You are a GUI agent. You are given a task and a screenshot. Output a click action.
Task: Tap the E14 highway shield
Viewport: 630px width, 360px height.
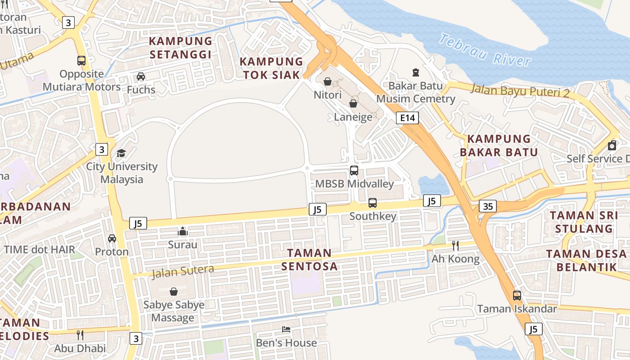pyautogui.click(x=407, y=118)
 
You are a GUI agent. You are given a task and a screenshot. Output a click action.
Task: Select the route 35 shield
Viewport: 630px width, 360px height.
pyautogui.click(x=488, y=206)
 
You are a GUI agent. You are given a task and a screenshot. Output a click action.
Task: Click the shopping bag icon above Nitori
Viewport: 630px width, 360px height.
pyautogui.click(x=328, y=81)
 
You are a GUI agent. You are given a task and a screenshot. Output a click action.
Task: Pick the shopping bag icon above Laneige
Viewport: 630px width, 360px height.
pyautogui.click(x=353, y=104)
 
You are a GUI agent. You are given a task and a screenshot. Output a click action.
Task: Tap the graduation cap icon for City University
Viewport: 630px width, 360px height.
pyautogui.click(x=121, y=153)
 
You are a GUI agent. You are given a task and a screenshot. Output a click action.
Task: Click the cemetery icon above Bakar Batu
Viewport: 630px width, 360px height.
pyautogui.click(x=415, y=72)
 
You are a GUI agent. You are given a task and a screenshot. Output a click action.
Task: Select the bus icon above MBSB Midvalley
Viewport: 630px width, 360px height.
pyautogui.click(x=354, y=171)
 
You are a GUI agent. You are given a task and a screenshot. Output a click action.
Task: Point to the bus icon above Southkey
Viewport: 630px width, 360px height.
pyautogui.click(x=373, y=203)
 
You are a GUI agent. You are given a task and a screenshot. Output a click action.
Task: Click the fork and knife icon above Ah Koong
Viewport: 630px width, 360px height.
pyautogui.click(x=455, y=245)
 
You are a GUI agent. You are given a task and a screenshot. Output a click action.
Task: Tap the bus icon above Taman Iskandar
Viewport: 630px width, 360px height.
pyautogui.click(x=517, y=296)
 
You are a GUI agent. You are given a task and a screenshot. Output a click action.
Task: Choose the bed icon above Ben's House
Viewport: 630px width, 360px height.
pyautogui.click(x=286, y=329)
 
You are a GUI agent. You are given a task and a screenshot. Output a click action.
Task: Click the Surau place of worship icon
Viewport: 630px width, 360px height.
pyautogui.click(x=183, y=231)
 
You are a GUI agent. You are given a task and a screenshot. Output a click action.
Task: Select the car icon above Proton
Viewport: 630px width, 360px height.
pyautogui.click(x=112, y=238)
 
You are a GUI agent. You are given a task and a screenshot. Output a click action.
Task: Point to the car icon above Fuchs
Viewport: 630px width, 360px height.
pyautogui.click(x=141, y=76)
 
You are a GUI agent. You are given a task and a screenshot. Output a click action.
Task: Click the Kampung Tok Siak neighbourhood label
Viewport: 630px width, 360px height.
pyautogui.click(x=271, y=68)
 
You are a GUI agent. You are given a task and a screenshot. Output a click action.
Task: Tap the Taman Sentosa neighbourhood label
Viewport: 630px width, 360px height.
pyautogui.click(x=310, y=260)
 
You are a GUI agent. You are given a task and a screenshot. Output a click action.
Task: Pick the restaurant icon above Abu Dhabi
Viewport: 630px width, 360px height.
pyautogui.click(x=80, y=335)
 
